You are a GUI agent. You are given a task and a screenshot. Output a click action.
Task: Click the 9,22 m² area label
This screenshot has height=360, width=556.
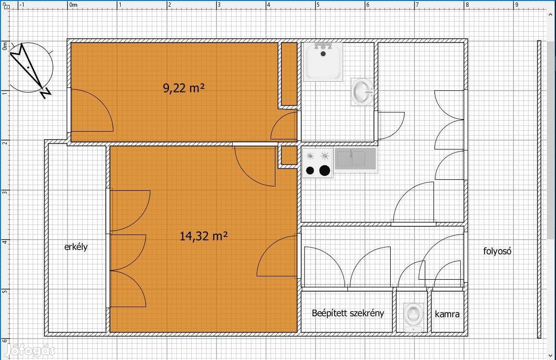[x=184, y=87]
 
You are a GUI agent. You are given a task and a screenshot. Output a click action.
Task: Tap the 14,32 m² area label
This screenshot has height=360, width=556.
[x=204, y=236]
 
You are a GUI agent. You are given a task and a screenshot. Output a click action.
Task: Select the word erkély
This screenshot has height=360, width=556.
[x=76, y=247]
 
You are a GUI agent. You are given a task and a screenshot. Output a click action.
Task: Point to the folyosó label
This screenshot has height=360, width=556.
[x=497, y=251]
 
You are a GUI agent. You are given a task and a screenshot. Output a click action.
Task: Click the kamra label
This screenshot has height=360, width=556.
[x=447, y=314]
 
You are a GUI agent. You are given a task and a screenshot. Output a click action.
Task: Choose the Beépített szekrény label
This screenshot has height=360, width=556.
[x=348, y=313]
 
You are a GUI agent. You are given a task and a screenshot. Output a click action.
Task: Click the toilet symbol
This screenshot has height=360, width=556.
[x=413, y=317]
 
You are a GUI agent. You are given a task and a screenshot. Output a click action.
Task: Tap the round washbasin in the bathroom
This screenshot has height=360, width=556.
[x=362, y=92]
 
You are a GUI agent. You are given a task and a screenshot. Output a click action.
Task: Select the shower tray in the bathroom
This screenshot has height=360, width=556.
[x=323, y=62]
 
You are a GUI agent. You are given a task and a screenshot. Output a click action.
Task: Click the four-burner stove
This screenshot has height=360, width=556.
[x=318, y=163]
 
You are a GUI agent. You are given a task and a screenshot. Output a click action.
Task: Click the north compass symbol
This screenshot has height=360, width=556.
[x=30, y=69]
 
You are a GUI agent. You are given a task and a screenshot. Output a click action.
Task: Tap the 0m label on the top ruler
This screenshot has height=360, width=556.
[x=73, y=5]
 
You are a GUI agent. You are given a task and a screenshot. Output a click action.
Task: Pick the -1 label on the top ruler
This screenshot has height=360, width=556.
[x=22, y=5]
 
